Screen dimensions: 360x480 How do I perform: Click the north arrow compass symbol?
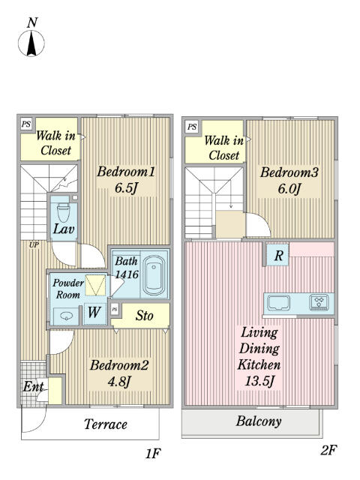pyautogui.click(x=31, y=40)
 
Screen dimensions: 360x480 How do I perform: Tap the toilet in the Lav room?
pyautogui.click(x=64, y=212)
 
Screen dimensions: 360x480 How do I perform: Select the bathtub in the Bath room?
pyautogui.click(x=154, y=275)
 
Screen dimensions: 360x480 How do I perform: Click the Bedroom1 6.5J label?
pyautogui.click(x=126, y=180)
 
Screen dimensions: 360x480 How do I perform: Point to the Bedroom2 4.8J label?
pyautogui.click(x=119, y=373)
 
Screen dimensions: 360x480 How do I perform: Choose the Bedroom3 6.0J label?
pyautogui.click(x=289, y=180)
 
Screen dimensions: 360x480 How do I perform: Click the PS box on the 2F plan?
pyautogui.click(x=192, y=127)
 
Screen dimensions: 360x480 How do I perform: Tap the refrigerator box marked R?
pyautogui.click(x=278, y=255)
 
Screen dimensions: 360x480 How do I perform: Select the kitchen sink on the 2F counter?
pyautogui.click(x=278, y=303)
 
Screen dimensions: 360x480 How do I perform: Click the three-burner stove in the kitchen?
pyautogui.click(x=319, y=301)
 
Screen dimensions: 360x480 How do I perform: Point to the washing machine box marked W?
pyautogui.click(x=94, y=313)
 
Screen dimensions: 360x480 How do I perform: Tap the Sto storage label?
pyautogui.click(x=144, y=316)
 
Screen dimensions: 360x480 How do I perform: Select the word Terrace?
pyautogui.click(x=106, y=424)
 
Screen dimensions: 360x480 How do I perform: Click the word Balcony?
pyautogui.click(x=259, y=421)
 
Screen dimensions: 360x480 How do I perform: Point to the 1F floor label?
pyautogui.click(x=153, y=453)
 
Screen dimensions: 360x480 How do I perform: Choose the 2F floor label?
pyautogui.click(x=328, y=450)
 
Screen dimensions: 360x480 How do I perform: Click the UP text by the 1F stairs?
pyautogui.click(x=34, y=245)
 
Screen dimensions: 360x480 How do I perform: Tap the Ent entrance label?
pyautogui.click(x=34, y=386)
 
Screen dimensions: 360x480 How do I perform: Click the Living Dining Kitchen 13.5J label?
pyautogui.click(x=259, y=357)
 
